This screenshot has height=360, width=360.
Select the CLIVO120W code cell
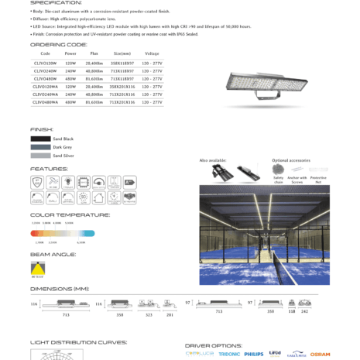(45, 61)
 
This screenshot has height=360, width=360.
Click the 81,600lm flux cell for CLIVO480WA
(94, 101)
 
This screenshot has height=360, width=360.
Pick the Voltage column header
(152, 53)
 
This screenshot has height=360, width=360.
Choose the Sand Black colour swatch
(40, 139)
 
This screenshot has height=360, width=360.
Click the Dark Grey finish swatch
(40, 147)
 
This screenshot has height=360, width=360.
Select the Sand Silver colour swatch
(40, 156)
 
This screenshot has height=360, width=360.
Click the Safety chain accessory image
(279, 169)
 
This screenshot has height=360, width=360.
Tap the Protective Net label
(318, 180)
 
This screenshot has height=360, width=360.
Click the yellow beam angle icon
(38, 267)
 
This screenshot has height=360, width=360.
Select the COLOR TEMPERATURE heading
(70, 214)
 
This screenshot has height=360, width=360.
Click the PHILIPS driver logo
(254, 354)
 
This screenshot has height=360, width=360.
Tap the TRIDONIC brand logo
(229, 354)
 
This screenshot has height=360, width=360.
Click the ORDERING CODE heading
(59, 45)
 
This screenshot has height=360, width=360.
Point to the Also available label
(213, 160)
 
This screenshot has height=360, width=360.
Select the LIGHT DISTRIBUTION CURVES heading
(78, 341)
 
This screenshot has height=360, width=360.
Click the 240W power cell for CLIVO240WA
(70, 94)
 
